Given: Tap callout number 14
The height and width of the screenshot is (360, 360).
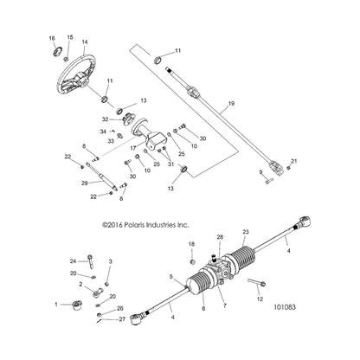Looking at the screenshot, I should point(84,42).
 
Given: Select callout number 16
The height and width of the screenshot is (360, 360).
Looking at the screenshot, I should point(51,39).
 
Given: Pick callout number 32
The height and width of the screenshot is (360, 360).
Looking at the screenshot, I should point(105,119).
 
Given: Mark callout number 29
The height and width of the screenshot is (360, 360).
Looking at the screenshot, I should point(86,183).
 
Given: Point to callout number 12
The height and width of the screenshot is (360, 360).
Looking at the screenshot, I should point(259,299).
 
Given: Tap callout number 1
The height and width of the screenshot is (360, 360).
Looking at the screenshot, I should point(56,305).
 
